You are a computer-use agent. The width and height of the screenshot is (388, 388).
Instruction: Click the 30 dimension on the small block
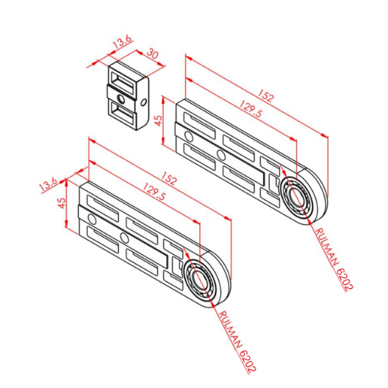[153, 54]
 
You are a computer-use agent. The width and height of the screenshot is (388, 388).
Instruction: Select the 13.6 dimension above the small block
[123, 42]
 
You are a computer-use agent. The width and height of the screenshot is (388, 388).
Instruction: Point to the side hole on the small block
[144, 102]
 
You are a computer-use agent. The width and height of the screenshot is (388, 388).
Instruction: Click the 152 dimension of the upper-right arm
[266, 95]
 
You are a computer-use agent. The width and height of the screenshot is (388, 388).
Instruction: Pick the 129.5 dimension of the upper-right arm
[251, 108]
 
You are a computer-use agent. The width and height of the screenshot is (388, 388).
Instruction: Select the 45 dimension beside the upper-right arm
[158, 120]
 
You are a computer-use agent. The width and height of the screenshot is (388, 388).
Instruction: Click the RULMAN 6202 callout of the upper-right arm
[333, 258]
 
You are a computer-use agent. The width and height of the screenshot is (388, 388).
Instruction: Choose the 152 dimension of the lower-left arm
[168, 177]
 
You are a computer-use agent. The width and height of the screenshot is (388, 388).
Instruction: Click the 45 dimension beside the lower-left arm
[61, 203]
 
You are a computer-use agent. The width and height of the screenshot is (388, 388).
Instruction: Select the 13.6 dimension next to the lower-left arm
[48, 185]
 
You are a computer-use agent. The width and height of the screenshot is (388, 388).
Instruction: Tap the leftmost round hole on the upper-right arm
[188, 136]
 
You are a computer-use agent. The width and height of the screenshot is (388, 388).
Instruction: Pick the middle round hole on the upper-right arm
[221, 155]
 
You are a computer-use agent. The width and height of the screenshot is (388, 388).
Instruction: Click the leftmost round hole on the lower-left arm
[92, 219]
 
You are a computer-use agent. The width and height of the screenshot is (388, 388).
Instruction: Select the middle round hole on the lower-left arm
[124, 237]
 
